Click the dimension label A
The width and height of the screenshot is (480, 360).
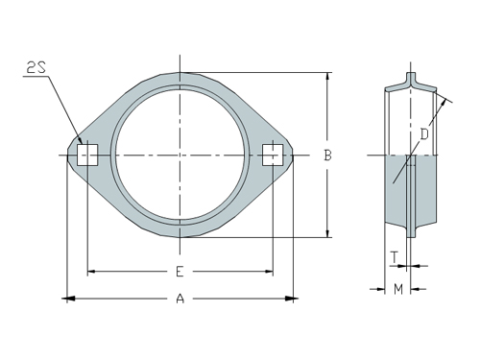click(x=180, y=300)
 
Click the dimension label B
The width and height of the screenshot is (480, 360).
click(x=327, y=155)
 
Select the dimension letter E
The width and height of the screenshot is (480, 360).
click(x=180, y=272)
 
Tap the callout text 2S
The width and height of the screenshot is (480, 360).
click(x=36, y=67)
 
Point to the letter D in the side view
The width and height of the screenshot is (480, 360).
click(x=423, y=134)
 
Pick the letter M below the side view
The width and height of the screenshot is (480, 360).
click(x=396, y=288)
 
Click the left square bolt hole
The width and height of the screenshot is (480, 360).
click(x=87, y=154)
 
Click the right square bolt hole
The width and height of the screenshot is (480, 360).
click(x=273, y=154)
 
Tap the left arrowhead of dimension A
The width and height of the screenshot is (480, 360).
click(x=70, y=300)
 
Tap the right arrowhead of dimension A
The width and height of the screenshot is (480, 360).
click(x=289, y=300)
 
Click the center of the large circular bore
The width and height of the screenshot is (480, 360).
click(x=180, y=154)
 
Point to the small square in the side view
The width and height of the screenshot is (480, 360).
click(x=410, y=159)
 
